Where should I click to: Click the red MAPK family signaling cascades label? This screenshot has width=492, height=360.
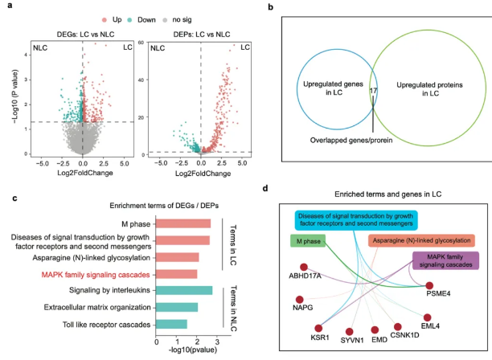98,274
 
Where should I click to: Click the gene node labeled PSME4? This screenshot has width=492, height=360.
430,285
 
